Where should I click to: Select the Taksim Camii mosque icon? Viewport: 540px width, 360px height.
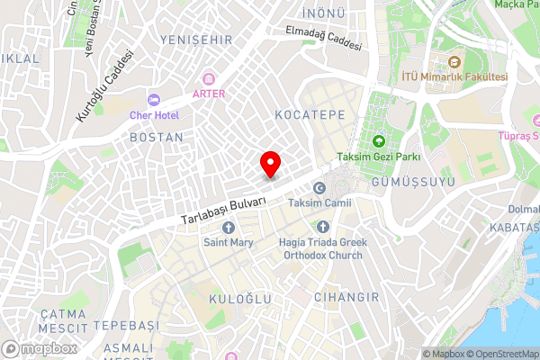click(x=319, y=188)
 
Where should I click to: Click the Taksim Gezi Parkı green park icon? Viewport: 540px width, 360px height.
click(x=378, y=140)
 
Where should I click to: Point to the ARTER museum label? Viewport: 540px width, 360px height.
click(x=208, y=92)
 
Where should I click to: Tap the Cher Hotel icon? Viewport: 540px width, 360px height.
click(x=151, y=99)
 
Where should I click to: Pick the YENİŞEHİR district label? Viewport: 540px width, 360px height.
click(x=195, y=40)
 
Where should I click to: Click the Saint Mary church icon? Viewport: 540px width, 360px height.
click(x=228, y=227)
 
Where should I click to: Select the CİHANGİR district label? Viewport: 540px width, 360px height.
click(x=347, y=296)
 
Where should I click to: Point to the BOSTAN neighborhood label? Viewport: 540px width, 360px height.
click(x=157, y=138)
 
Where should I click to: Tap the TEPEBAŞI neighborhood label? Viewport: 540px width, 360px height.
click(x=125, y=325)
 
